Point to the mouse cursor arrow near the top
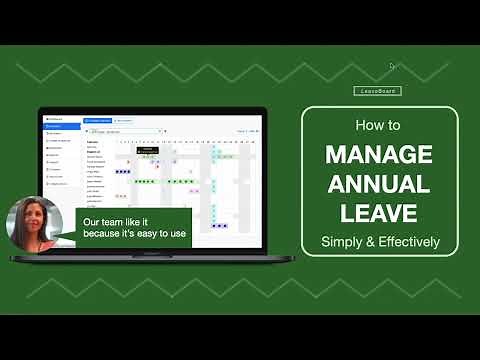[x=392, y=66]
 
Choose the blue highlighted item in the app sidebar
[x=61, y=126]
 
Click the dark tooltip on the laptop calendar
[x=149, y=149]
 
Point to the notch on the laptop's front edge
[x=153, y=254]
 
